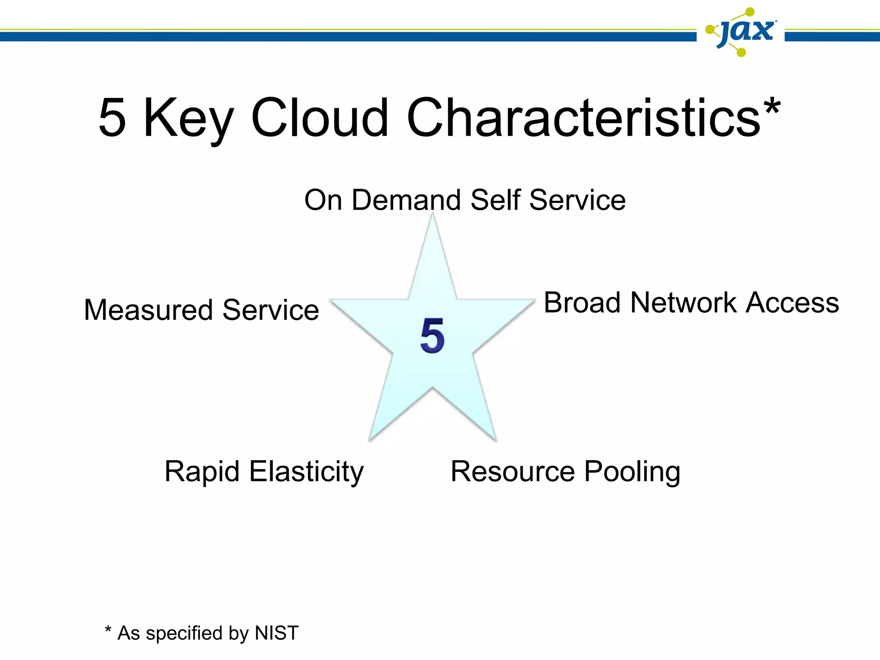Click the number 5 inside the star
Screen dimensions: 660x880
432,336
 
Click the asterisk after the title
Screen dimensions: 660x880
772,107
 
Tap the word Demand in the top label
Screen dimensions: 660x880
406,200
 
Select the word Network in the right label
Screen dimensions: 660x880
684,302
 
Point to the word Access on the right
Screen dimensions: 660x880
792,302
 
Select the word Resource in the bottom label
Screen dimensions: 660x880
513,471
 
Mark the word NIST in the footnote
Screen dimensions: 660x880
277,633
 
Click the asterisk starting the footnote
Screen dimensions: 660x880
108,630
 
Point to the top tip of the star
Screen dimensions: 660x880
433,215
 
